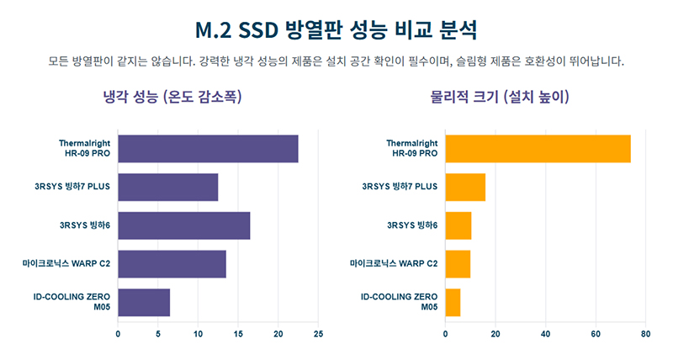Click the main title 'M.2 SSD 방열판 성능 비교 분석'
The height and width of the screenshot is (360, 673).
336,31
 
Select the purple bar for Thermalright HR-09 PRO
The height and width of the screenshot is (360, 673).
208,149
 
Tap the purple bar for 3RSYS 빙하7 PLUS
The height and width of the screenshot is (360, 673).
168,187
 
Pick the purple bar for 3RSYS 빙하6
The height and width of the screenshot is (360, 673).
184,225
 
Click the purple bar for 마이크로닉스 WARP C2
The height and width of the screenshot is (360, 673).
172,264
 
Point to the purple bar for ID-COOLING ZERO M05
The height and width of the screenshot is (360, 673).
144,302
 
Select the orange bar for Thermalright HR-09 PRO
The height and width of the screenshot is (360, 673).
538,149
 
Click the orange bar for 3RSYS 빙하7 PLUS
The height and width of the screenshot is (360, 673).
465,187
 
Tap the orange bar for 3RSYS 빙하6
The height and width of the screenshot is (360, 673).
458,225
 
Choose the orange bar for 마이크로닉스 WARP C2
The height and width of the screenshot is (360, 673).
458,264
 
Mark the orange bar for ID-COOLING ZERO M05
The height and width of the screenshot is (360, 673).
453,302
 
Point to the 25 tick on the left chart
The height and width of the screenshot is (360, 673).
318,334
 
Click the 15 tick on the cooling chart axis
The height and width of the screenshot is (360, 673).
238,334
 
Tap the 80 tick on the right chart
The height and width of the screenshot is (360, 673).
645,334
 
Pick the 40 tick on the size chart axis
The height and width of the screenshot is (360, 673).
545,334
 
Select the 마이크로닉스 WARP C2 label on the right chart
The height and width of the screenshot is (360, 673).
394,264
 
